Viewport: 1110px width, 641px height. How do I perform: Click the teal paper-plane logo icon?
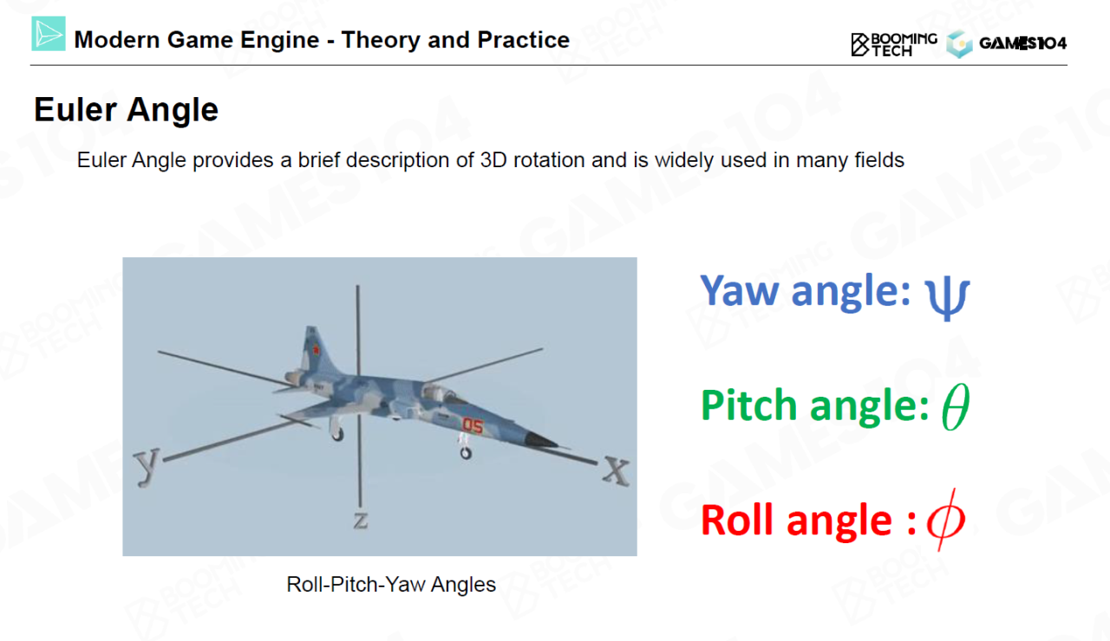point(49,34)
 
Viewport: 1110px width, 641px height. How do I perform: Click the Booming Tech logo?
point(894,44)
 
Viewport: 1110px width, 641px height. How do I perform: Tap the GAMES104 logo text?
point(1022,43)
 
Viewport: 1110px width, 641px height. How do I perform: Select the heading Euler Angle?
point(126,110)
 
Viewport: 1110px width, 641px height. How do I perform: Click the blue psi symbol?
point(947,297)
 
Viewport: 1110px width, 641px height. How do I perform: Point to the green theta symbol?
point(956,406)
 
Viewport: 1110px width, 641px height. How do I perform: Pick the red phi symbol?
point(945,520)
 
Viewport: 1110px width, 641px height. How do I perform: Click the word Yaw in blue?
point(740,291)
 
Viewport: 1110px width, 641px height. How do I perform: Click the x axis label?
point(616,470)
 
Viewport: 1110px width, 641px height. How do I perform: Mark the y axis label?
point(147,466)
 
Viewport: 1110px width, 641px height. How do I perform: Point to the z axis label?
point(361,521)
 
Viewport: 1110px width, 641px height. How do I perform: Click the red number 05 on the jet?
point(473,425)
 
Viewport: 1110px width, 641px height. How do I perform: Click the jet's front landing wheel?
point(466,453)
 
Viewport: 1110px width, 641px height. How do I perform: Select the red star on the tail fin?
point(315,351)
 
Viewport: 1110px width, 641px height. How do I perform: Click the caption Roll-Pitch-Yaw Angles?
point(391,585)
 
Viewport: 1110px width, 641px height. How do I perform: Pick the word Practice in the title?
point(523,40)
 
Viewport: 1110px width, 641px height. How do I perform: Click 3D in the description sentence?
point(493,160)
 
